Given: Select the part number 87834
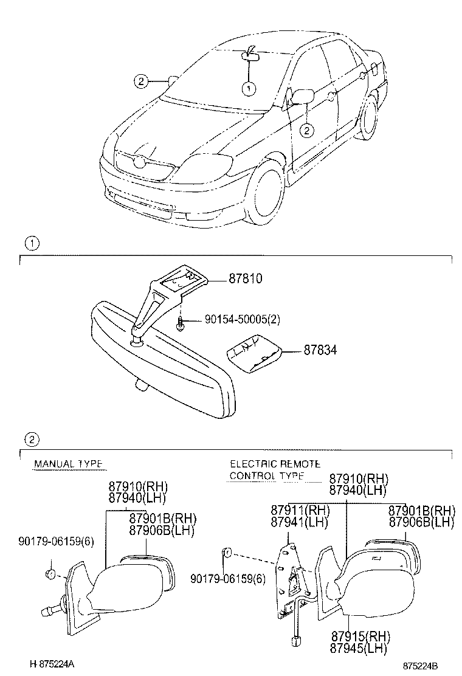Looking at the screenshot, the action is pyautogui.click(x=320, y=350).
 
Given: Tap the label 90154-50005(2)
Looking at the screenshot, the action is pyautogui.click(x=242, y=319).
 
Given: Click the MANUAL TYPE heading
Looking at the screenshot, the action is pyautogui.click(x=68, y=464).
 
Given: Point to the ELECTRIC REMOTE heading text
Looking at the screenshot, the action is pyautogui.click(x=275, y=464).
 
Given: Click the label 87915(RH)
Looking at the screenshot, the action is pyautogui.click(x=360, y=636).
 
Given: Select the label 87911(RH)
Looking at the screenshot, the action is pyautogui.click(x=300, y=510).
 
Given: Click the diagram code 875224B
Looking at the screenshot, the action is pyautogui.click(x=423, y=666).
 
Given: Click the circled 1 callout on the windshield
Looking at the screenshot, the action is pyautogui.click(x=249, y=89).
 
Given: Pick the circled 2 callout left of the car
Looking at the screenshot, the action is pyautogui.click(x=141, y=81).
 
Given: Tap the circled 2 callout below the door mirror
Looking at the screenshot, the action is pyautogui.click(x=306, y=129).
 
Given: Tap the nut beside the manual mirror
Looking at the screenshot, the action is pyautogui.click(x=50, y=574).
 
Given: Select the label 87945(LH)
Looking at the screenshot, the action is pyautogui.click(x=359, y=647).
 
